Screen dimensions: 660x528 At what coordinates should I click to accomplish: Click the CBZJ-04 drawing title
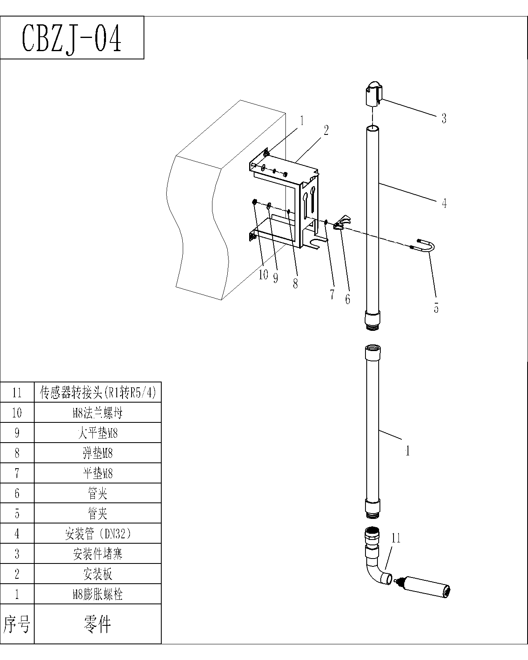pos(72,38)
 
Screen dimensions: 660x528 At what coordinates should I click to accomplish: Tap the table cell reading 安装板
pos(98,574)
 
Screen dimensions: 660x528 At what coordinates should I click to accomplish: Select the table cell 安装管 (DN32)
pos(98,534)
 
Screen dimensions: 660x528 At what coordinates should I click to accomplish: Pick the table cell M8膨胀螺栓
pos(98,594)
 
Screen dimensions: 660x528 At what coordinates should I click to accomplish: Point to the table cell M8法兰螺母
pos(98,413)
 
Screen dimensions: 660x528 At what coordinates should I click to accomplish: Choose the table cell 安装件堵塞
pos(98,554)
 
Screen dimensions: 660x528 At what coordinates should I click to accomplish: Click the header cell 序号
pos(17,624)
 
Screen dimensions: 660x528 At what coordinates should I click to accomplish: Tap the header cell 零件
pos(98,624)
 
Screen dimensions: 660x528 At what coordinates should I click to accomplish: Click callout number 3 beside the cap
pos(444,118)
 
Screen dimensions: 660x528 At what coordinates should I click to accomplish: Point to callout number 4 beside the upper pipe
pos(444,203)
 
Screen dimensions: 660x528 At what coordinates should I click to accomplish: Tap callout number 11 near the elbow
pos(396,538)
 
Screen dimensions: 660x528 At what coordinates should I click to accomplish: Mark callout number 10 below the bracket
pos(263,275)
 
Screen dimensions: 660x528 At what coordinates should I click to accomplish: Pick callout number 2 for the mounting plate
pos(326,131)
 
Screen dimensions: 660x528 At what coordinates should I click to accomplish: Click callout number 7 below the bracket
pos(332,294)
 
